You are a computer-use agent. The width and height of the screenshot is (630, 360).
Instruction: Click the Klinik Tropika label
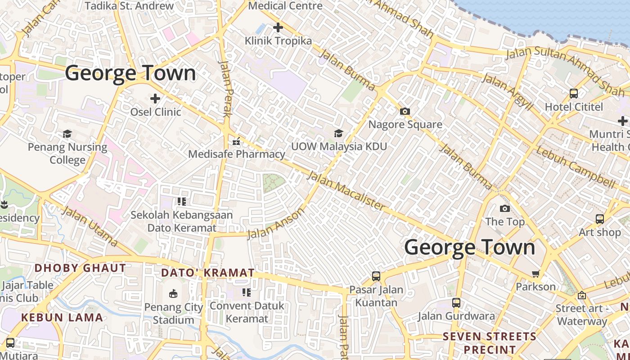point(278,41)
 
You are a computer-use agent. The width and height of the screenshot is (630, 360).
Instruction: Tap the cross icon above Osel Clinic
point(155,98)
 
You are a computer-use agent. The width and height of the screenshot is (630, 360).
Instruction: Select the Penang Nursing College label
point(67,153)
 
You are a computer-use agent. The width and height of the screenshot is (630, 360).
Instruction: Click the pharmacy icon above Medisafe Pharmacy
point(236,142)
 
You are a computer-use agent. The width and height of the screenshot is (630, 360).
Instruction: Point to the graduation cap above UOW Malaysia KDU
point(338,133)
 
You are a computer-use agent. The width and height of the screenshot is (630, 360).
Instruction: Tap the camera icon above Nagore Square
point(405,111)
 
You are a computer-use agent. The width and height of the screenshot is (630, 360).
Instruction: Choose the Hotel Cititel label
point(574,107)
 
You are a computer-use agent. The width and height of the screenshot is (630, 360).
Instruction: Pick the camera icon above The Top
point(505,208)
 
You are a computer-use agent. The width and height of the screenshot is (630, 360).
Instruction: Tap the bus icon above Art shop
point(600,219)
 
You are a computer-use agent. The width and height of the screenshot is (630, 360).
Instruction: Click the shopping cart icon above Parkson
point(535,274)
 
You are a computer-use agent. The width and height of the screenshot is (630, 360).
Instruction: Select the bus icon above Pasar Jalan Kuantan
point(376,276)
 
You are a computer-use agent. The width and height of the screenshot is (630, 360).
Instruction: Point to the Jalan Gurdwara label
point(456,316)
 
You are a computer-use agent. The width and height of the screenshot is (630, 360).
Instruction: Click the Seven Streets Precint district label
point(490,343)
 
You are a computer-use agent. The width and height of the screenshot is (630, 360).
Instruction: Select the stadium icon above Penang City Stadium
point(173,294)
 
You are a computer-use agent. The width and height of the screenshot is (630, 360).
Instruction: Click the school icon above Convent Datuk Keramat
point(246,292)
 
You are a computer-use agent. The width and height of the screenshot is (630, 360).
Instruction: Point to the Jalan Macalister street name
point(346,191)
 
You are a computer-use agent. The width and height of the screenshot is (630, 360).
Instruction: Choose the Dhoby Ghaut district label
point(80,268)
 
